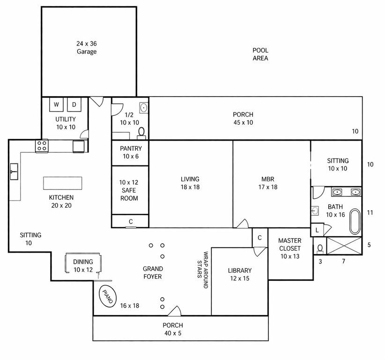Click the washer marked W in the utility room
[x=56, y=105]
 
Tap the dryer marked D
[x=74, y=105]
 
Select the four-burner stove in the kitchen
[x=42, y=146]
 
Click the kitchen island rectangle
[x=63, y=183]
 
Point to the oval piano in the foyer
[x=108, y=296]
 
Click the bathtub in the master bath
[x=355, y=221]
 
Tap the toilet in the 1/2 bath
[x=141, y=134]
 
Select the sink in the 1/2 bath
[x=144, y=108]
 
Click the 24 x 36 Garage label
[x=87, y=48]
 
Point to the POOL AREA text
[x=260, y=54]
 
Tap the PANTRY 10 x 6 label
[x=131, y=152]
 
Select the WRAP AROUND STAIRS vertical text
[x=203, y=270]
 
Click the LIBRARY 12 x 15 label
[x=240, y=275]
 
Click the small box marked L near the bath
[x=317, y=230]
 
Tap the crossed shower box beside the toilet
[x=344, y=246]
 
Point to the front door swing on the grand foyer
[x=175, y=311]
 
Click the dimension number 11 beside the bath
[x=370, y=212]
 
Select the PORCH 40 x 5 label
[x=173, y=329]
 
